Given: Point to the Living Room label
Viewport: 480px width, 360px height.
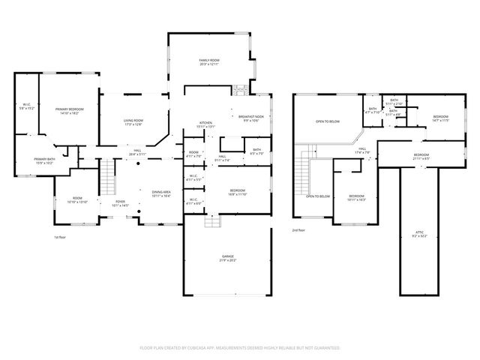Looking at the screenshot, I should click(x=133, y=121).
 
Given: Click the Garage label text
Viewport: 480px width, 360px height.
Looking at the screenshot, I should click(x=228, y=259).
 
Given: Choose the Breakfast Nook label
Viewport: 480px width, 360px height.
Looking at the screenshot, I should click(x=251, y=118).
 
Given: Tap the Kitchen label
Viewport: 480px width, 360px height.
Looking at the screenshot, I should click(x=206, y=124).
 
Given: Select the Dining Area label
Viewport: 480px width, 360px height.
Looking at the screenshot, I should click(x=161, y=193).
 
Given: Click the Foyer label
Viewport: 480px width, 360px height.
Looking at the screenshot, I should click(x=120, y=203).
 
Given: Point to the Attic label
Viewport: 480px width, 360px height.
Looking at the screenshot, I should click(x=420, y=234).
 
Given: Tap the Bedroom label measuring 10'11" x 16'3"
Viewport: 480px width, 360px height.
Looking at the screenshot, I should click(x=356, y=198).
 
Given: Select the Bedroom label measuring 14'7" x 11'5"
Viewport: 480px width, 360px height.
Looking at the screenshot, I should click(x=440, y=118).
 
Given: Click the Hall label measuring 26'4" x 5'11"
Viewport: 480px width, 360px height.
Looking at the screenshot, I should click(x=138, y=152).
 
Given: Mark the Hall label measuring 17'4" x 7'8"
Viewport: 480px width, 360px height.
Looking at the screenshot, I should click(x=361, y=151).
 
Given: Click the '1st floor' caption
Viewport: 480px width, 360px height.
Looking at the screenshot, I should click(x=61, y=237).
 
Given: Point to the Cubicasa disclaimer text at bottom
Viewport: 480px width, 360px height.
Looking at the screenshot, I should click(x=240, y=348).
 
